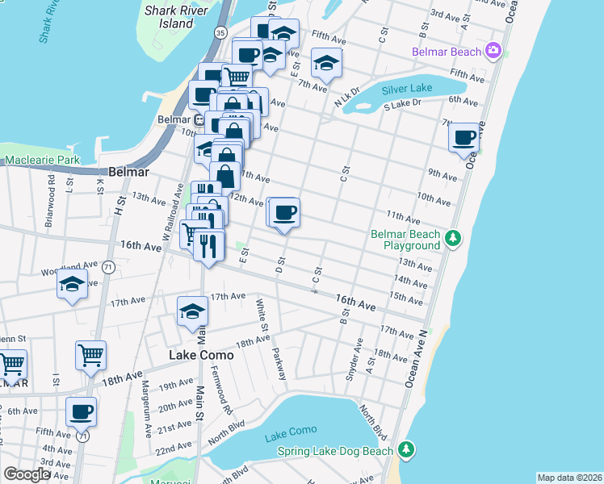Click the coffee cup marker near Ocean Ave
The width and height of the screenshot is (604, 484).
coord(465,138)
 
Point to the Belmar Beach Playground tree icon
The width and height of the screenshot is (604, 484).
coord(453,238)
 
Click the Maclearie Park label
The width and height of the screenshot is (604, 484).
coord(42,161)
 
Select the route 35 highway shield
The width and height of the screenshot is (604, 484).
coord(220,32)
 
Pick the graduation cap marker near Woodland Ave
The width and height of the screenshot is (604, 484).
coord(72,285)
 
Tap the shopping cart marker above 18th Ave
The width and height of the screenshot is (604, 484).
coord(90,354)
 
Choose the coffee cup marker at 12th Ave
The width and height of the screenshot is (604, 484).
coord(283,213)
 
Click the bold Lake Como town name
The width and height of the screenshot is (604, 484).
coord(201,355)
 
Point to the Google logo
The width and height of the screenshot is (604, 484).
coord(26,474)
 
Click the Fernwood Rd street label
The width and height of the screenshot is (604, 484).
coord(219,397)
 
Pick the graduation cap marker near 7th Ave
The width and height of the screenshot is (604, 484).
coord(325,64)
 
